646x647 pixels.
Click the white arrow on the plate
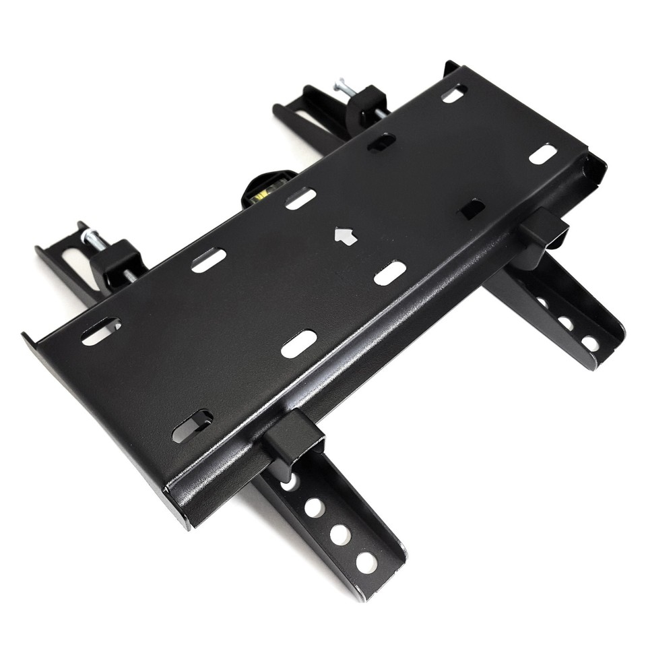[x=344, y=235]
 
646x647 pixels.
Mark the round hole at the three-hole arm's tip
[x=590, y=343]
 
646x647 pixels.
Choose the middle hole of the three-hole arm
[x=567, y=323]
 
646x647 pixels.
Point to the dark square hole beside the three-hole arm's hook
[x=471, y=208]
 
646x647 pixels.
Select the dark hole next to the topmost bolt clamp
[x=381, y=142]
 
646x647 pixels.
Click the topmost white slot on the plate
[x=453, y=93]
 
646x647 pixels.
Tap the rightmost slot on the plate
[x=543, y=154]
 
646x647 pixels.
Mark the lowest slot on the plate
[x=192, y=426]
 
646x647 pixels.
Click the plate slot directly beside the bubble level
[x=300, y=198]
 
